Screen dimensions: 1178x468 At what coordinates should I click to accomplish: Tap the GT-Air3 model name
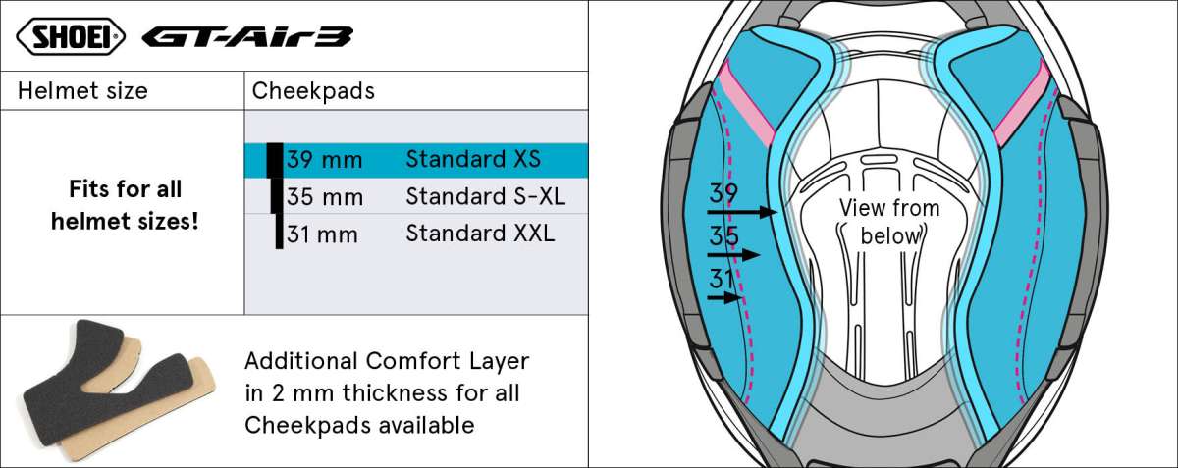click(x=247, y=37)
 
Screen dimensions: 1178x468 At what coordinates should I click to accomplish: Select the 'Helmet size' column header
click(x=82, y=91)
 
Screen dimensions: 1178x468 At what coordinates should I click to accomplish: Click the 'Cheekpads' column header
click(x=313, y=91)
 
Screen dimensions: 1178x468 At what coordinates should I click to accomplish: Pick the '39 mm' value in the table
click(x=325, y=159)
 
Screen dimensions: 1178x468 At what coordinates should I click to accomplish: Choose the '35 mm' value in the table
click(x=325, y=197)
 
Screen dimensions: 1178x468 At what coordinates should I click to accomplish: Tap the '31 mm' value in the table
click(x=322, y=234)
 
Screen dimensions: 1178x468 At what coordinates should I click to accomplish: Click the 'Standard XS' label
click(x=473, y=159)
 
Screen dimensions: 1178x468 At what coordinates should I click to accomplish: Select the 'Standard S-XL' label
click(x=485, y=196)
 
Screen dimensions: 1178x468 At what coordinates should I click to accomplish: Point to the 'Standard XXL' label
click(x=480, y=234)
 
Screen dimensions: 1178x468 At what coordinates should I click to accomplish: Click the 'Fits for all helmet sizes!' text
click(x=126, y=205)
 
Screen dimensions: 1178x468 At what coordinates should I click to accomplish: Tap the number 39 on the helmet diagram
click(x=723, y=193)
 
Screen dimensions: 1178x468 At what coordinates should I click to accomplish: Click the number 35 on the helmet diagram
click(x=723, y=235)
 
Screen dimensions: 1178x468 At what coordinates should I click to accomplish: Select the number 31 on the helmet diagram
click(x=722, y=279)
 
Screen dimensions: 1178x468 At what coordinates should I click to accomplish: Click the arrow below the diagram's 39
click(x=742, y=213)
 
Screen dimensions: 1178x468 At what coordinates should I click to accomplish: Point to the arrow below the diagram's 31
click(x=724, y=297)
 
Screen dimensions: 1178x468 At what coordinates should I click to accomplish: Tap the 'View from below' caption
click(x=889, y=222)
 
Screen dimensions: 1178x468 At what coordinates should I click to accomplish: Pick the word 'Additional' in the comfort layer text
click(x=301, y=361)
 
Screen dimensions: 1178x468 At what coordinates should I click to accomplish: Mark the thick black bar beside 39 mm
click(x=275, y=160)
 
